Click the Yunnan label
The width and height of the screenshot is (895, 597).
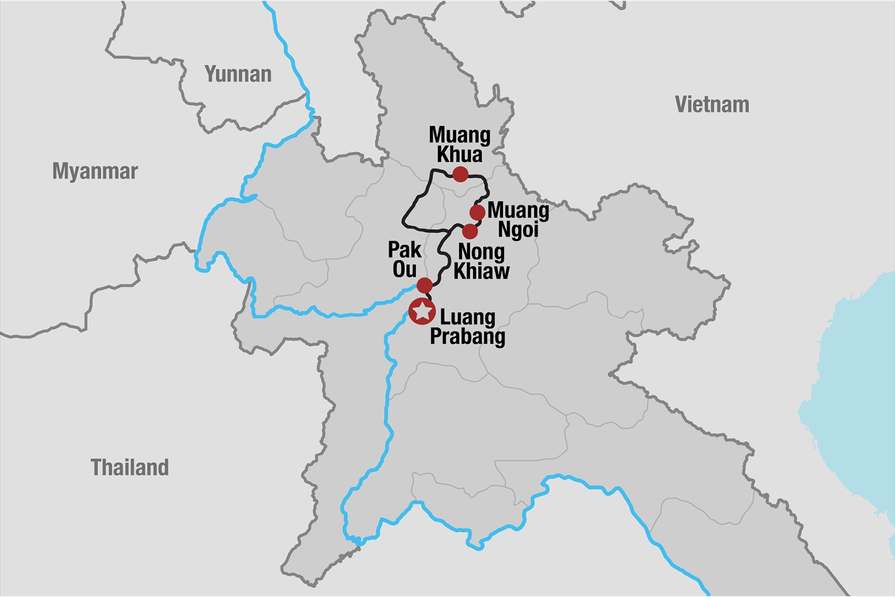pos(238,74)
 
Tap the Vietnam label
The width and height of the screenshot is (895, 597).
pos(712,105)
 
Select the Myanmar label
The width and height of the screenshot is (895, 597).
pos(95,171)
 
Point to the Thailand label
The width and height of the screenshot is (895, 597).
pos(130,467)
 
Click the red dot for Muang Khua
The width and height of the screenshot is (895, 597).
pos(460,174)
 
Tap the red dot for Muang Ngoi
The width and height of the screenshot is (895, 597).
pos(477,212)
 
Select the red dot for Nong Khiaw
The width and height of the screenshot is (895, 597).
pos(470,231)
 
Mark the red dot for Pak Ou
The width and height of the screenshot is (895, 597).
pos(424,285)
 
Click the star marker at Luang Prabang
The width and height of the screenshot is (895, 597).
pos(422,311)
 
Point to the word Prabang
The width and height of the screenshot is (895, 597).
pos(467,336)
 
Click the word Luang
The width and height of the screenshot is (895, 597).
pos(467,317)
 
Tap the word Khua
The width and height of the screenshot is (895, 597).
pos(460,154)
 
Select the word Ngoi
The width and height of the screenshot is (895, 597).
pos(518,230)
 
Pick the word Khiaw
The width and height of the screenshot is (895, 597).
pos(482,271)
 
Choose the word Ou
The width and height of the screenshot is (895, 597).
pos(405,270)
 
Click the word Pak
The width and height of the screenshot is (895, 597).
pos(405,250)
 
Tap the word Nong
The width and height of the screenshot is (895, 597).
pos(482,252)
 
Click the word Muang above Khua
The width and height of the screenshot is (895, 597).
pos(460,135)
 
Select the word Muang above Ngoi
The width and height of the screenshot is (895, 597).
pos(518,211)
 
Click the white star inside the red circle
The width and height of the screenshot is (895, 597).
pos(422,311)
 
